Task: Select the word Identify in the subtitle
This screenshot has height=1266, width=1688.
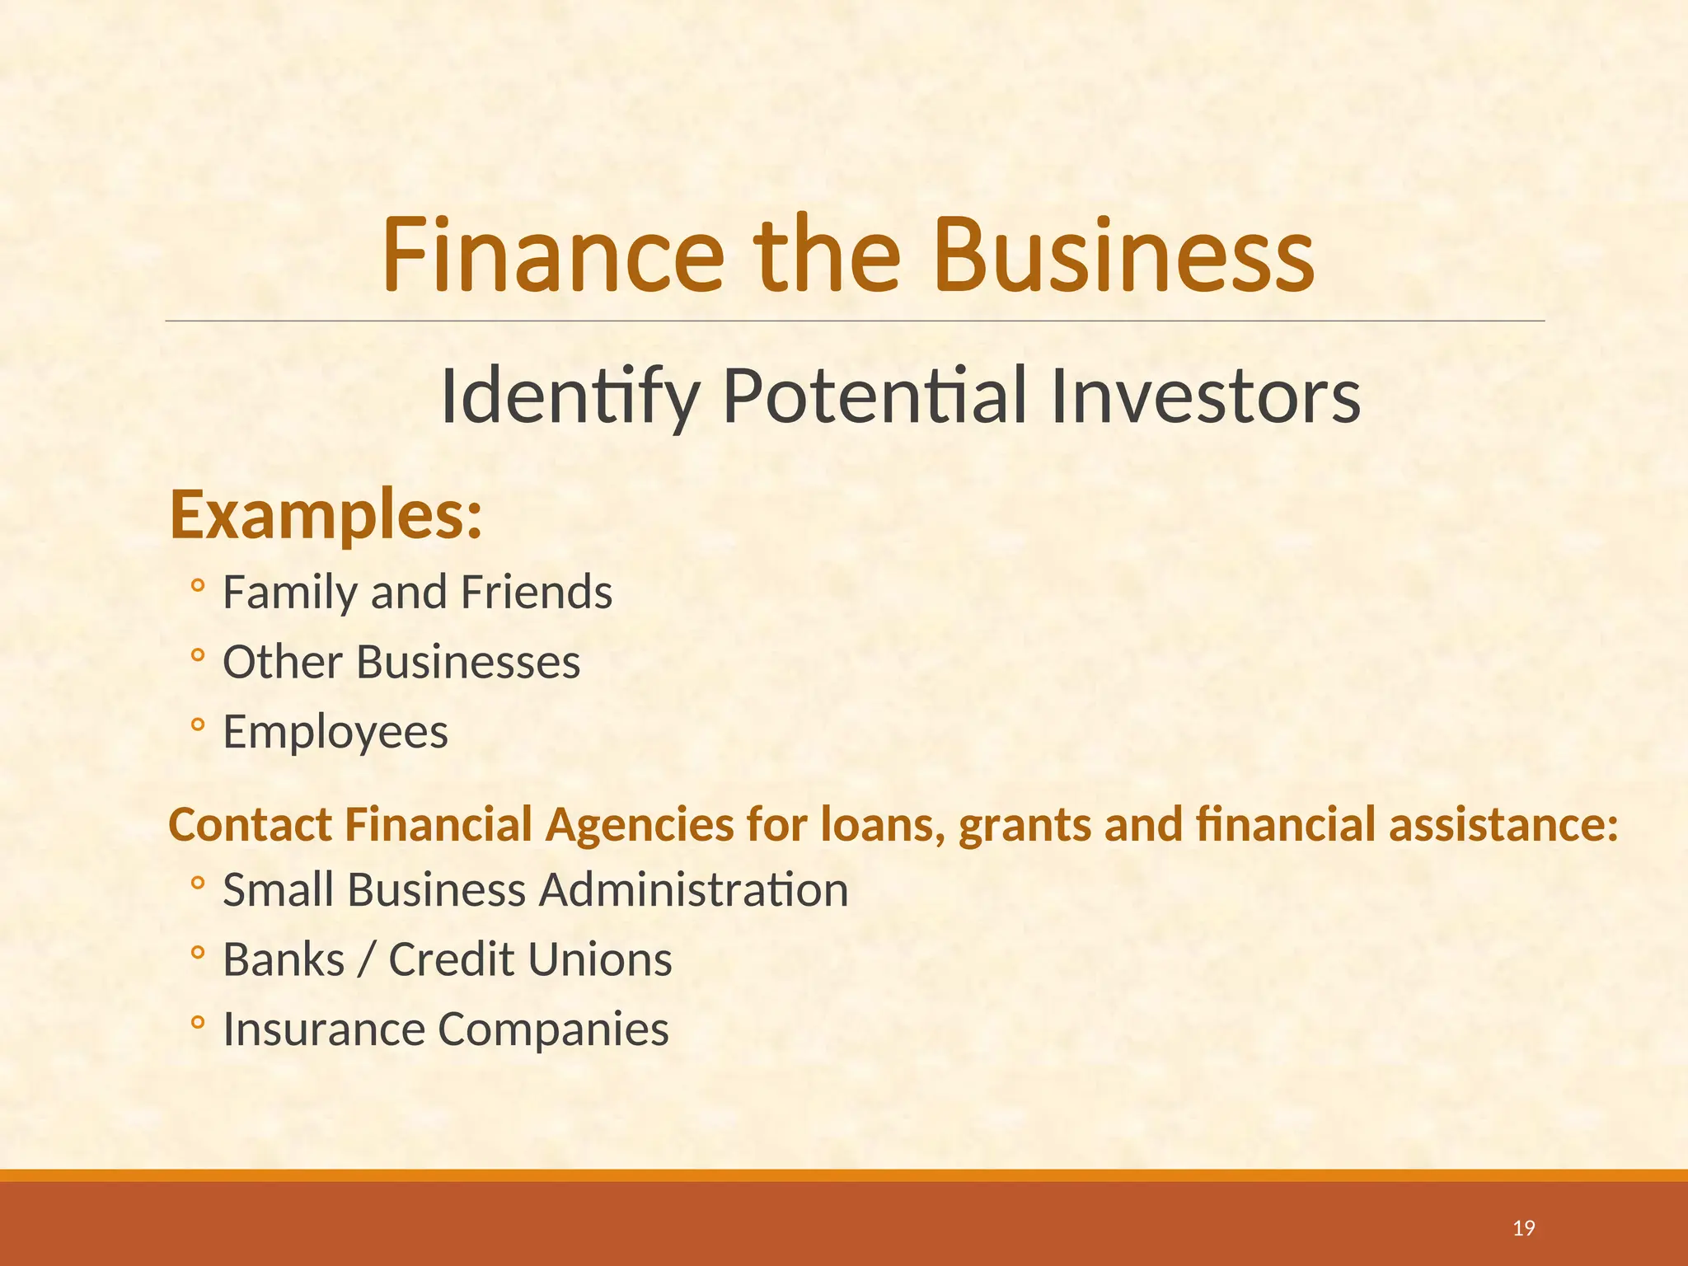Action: [570, 398]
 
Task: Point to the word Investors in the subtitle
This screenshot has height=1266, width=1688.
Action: [1205, 398]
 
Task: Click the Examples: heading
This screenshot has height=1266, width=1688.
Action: [326, 515]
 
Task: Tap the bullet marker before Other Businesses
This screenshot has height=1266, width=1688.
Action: [197, 656]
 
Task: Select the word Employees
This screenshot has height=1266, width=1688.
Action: [335, 732]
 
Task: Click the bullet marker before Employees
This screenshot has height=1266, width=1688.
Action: [197, 725]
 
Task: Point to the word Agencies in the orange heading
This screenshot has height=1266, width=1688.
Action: [639, 825]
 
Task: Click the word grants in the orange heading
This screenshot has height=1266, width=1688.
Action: [1025, 825]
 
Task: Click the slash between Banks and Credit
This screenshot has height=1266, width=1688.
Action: [366, 960]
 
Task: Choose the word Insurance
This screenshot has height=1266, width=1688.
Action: [323, 1029]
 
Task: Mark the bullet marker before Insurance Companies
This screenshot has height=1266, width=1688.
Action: [197, 1023]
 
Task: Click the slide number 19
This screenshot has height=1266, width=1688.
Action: [1524, 1229]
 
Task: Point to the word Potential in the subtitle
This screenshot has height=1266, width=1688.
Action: [874, 398]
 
